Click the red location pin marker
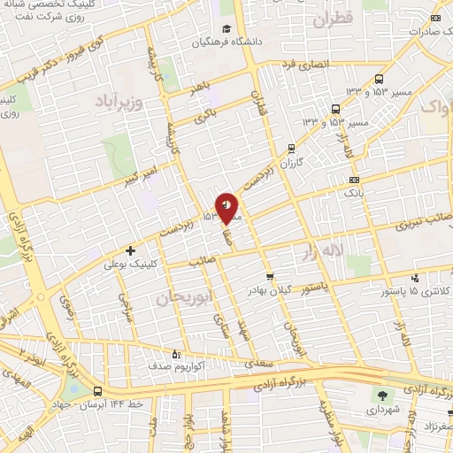[227, 207]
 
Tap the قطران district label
[333, 18]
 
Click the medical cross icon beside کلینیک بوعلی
[131, 251]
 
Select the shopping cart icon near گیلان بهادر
[270, 276]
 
